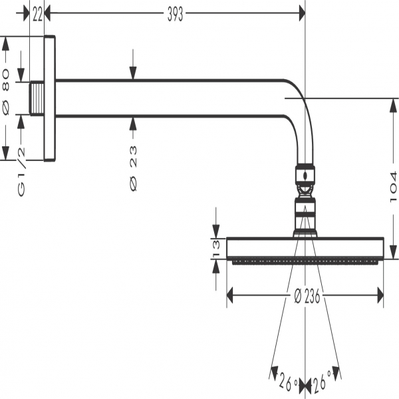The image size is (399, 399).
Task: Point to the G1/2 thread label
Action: tap(21, 171)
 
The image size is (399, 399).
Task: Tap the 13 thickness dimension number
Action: tap(215, 248)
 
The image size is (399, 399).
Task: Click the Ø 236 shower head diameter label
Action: tap(307, 297)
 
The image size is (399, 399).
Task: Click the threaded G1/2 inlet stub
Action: tap(37, 98)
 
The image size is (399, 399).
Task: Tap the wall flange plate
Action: tap(49, 98)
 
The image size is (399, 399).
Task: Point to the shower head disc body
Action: tap(305, 248)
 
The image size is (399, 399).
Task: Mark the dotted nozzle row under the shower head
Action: tap(305, 262)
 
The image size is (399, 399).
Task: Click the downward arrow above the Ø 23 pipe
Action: tap(133, 73)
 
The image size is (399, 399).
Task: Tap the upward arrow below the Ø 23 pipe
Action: tap(133, 123)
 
